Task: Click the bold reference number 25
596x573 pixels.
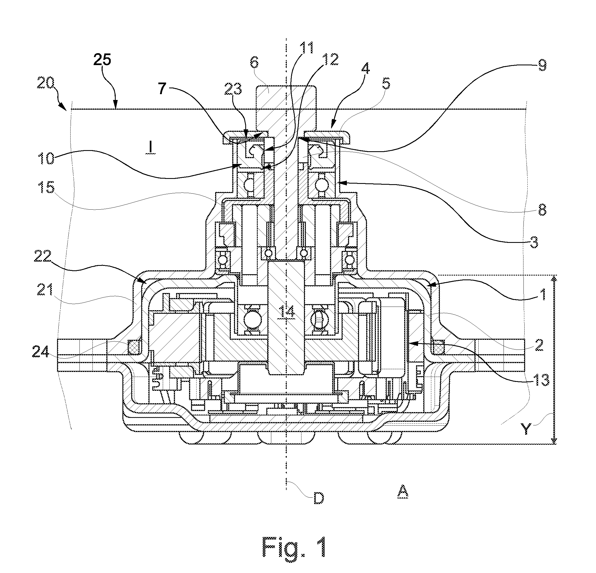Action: [x=102, y=60]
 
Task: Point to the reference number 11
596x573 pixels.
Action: [x=306, y=48]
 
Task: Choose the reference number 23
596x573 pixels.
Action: [x=233, y=90]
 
